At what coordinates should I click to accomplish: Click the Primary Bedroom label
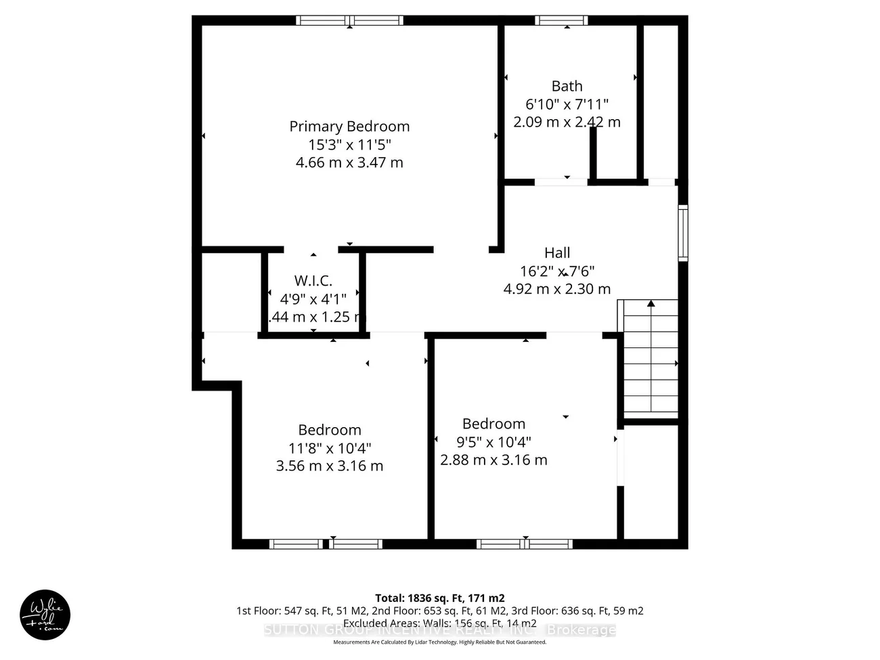point(349,127)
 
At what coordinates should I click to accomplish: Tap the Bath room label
point(567,86)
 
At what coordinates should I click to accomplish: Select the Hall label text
point(557,252)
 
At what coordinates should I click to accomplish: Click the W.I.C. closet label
point(313,281)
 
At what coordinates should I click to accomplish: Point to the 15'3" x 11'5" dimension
point(349,145)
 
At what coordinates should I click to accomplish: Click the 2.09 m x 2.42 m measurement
point(567,122)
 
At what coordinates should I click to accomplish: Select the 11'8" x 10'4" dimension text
point(330,448)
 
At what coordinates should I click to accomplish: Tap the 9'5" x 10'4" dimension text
point(493,442)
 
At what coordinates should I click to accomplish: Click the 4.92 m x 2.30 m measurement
point(557,289)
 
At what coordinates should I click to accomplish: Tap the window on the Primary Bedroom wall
point(350,20)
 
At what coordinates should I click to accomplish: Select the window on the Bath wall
point(561,20)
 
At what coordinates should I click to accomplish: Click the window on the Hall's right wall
point(683,233)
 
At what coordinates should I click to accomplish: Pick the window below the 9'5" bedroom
point(525,544)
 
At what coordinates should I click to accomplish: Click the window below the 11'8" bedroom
point(326,544)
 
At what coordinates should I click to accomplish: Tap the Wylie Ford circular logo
point(45,615)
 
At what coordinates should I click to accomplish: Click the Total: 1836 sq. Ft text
point(439,598)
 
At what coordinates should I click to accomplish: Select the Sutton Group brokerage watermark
point(439,630)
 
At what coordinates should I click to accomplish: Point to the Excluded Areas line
point(439,623)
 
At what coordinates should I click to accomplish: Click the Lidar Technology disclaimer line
point(439,642)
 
